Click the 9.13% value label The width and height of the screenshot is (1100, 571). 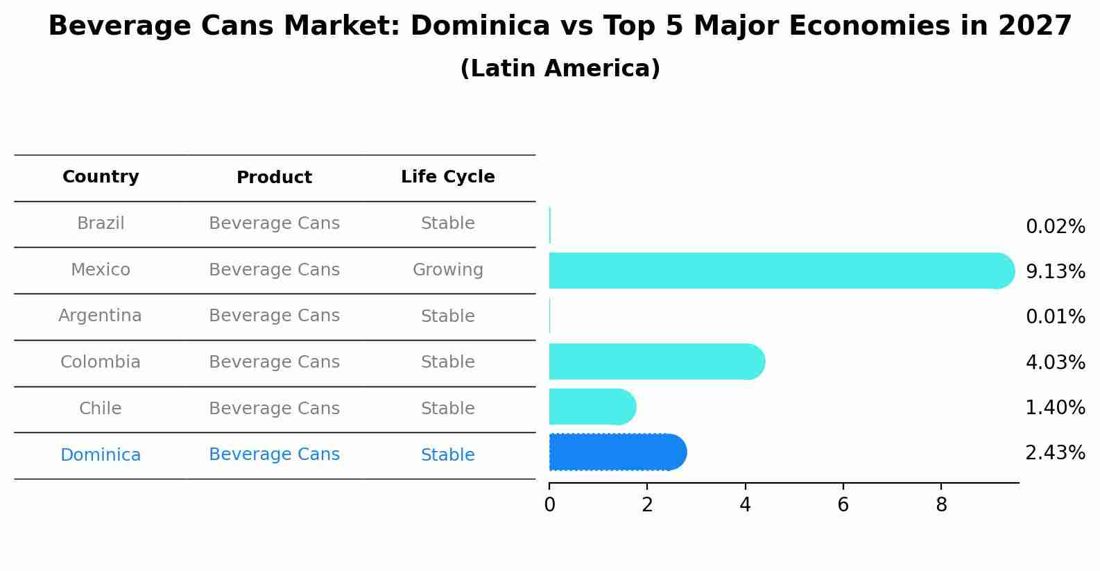1055,271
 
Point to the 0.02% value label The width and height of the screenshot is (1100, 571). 1055,226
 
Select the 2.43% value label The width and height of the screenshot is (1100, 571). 1055,453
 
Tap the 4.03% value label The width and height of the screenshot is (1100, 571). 1055,362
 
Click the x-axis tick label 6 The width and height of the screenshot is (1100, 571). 843,505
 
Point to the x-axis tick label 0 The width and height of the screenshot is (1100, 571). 549,505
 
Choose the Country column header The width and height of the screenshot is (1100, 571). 101,177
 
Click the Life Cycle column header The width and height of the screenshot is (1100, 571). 447,177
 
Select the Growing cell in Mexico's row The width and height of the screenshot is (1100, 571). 447,270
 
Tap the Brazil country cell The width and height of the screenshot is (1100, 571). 101,223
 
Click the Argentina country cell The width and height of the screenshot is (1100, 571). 101,316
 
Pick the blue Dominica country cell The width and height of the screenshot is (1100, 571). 101,455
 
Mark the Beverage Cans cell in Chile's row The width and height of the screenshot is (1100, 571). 274,409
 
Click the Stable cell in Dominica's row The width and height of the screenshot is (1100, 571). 447,455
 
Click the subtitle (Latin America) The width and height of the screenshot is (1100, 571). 560,69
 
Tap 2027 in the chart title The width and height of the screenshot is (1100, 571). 1035,26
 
